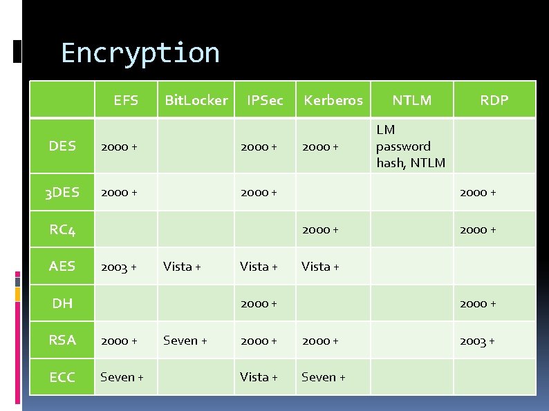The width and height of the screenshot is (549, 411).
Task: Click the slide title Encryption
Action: point(140,53)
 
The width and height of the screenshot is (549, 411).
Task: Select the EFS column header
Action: point(126,100)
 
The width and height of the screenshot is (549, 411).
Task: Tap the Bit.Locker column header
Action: point(196,100)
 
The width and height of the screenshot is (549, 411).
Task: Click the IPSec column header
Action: point(265,100)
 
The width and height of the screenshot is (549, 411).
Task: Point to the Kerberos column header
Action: point(333,100)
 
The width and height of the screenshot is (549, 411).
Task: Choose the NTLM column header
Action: point(412,100)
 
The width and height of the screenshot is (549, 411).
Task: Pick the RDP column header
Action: point(494,100)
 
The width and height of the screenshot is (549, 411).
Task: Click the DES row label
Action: point(62,146)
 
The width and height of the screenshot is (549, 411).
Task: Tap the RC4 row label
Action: point(62,229)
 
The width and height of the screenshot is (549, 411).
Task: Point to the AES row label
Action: point(62,266)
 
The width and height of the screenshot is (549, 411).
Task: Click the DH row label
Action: point(62,303)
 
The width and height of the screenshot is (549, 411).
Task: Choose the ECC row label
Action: point(62,377)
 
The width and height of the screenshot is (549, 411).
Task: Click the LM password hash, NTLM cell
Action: point(411,146)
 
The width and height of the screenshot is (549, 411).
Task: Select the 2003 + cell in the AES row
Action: point(119,266)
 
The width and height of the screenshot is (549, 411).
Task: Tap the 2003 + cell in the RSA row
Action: point(478,340)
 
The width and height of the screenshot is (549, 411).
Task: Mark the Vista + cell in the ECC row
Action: point(259,377)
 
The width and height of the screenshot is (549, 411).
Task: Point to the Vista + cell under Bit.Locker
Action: point(182,266)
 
